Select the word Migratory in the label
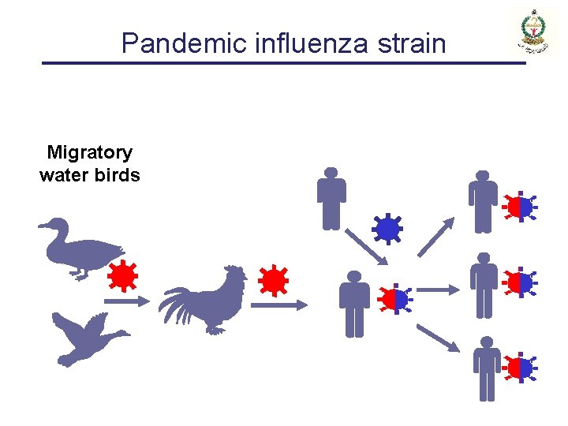coord(89,152)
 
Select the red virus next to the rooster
coord(273,281)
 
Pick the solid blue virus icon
coord(387,229)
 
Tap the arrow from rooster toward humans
coord(277,304)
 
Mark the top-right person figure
coord(482,201)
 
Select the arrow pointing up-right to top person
coord(435,237)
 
